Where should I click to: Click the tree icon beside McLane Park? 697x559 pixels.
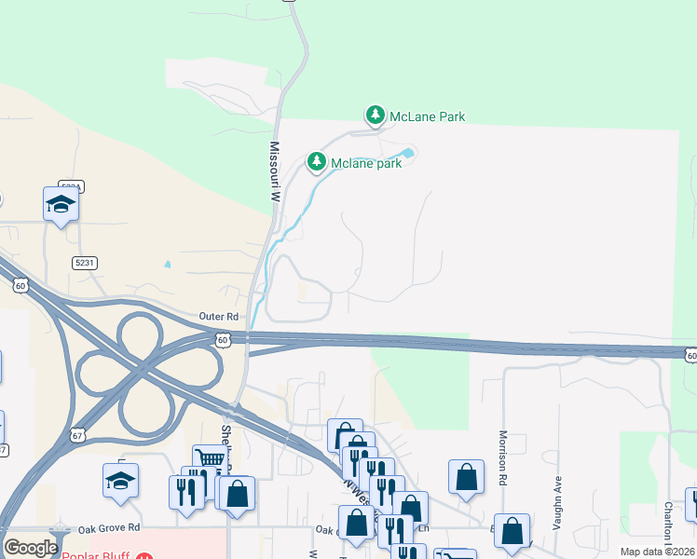pyautogui.click(x=375, y=116)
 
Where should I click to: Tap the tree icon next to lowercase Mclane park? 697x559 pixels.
pyautogui.click(x=317, y=163)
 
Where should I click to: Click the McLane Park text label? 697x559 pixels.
pyautogui.click(x=427, y=116)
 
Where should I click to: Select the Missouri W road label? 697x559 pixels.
pyautogui.click(x=275, y=172)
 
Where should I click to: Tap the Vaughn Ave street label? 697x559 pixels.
pyautogui.click(x=558, y=503)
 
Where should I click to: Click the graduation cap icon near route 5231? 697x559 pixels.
pyautogui.click(x=61, y=204)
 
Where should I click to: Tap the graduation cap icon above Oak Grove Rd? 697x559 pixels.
pyautogui.click(x=120, y=480)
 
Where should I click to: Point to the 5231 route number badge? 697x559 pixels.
pyautogui.click(x=86, y=263)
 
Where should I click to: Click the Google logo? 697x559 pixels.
pyautogui.click(x=30, y=548)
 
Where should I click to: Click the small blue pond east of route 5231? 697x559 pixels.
pyautogui.click(x=167, y=264)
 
